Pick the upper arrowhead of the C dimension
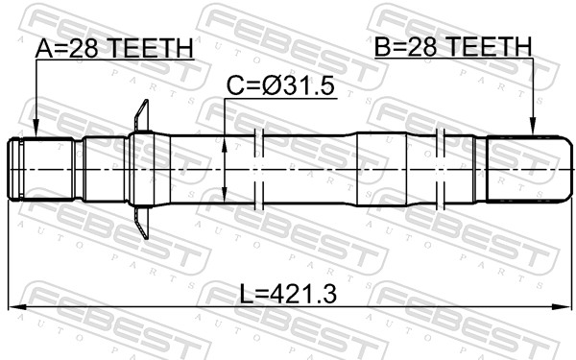[x=225, y=141]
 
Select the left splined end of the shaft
[x=42, y=170]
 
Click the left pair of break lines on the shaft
[x=258, y=169]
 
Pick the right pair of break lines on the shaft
[x=442, y=169]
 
